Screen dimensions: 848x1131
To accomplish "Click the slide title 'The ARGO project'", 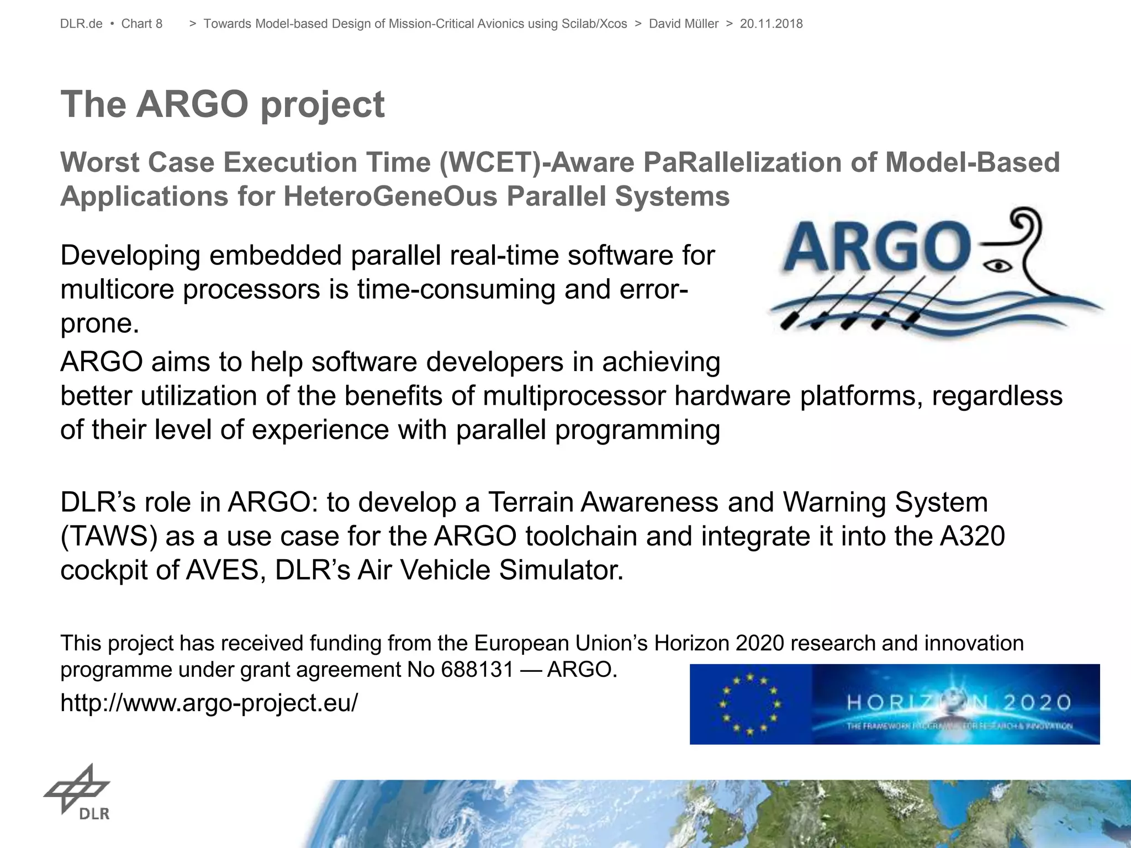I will (x=222, y=104).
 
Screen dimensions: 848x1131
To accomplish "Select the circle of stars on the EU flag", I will (x=749, y=704).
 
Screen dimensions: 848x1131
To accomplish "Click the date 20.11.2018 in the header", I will (x=771, y=24).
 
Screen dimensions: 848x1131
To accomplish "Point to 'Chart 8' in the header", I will (x=141, y=24).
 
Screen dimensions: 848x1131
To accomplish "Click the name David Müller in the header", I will (x=683, y=24).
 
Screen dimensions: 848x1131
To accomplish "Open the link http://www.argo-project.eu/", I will (x=209, y=703).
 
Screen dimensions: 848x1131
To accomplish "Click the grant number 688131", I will (x=478, y=670).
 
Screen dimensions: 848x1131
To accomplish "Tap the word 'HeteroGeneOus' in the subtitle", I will (x=390, y=197).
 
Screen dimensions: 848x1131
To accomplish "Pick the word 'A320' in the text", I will (x=972, y=536).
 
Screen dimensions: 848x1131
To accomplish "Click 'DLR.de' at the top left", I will (x=81, y=24).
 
